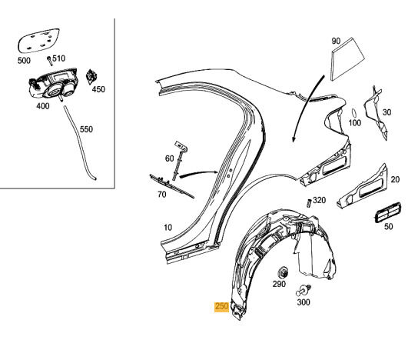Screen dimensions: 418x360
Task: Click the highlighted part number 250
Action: pyautogui.click(x=221, y=306)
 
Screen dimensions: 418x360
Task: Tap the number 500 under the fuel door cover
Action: pyautogui.click(x=24, y=61)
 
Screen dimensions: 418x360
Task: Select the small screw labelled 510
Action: pyautogui.click(x=49, y=61)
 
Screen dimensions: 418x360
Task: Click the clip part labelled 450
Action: pyautogui.click(x=91, y=77)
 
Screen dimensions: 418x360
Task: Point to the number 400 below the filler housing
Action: pyautogui.click(x=43, y=106)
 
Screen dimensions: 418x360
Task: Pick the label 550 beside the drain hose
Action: pyautogui.click(x=86, y=129)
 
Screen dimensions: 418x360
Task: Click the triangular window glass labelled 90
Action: pyautogui.click(x=347, y=58)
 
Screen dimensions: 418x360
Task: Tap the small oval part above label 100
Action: pyautogui.click(x=354, y=113)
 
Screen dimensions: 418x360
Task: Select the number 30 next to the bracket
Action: pyautogui.click(x=386, y=112)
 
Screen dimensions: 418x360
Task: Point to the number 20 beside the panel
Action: pyautogui.click(x=395, y=179)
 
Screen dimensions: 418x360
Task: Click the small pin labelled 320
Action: pyautogui.click(x=309, y=203)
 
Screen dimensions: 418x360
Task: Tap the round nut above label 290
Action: pyautogui.click(x=283, y=272)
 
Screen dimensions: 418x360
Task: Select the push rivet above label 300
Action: pyautogui.click(x=304, y=290)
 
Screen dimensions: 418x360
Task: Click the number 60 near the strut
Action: pyautogui.click(x=169, y=158)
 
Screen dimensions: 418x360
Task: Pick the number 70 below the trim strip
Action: pyautogui.click(x=162, y=195)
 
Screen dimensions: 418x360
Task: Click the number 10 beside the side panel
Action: pyautogui.click(x=168, y=228)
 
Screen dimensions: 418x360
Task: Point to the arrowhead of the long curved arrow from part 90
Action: pyautogui.click(x=294, y=139)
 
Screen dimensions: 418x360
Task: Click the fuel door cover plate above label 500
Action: pyautogui.click(x=39, y=41)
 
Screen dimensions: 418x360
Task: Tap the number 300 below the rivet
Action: pyautogui.click(x=304, y=302)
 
